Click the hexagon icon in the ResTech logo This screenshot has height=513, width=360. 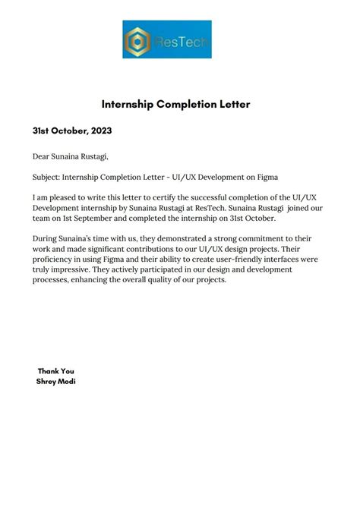pos(138,39)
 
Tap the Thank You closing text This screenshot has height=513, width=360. pos(56,371)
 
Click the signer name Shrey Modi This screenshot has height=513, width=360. pos(56,381)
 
